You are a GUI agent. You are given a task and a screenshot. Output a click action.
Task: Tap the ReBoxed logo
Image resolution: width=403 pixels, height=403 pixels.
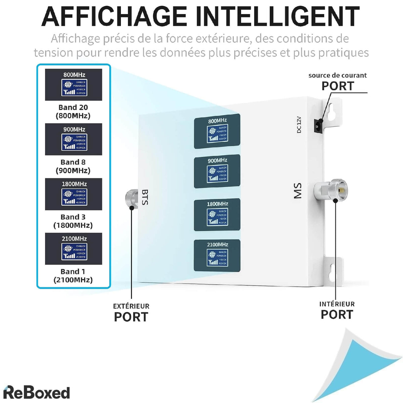point(36,392)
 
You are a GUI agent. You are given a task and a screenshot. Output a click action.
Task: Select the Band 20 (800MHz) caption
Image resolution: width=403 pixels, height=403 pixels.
point(73,111)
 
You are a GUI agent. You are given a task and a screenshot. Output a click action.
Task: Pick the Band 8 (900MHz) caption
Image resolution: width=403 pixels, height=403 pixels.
point(73,166)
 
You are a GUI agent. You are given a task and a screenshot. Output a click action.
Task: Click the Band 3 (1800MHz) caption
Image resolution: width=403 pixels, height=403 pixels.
point(73,221)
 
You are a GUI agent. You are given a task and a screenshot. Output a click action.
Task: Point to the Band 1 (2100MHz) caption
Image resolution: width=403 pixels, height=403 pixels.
point(73,276)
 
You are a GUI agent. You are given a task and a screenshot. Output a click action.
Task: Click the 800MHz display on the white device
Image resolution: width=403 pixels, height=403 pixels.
point(217,131)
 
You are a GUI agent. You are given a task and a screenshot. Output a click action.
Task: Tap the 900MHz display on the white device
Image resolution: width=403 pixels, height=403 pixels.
point(217,172)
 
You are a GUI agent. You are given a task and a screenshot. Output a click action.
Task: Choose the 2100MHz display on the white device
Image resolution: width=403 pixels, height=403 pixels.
point(217,256)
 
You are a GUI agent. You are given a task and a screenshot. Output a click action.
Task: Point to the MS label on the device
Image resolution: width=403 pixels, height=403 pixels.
point(298,191)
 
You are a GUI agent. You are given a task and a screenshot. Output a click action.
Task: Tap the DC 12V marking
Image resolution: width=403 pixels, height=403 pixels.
point(299,125)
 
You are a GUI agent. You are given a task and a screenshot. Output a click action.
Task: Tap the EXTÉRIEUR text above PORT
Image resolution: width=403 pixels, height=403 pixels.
point(131,306)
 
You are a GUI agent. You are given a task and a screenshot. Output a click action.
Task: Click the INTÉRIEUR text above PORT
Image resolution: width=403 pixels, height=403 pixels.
point(337,304)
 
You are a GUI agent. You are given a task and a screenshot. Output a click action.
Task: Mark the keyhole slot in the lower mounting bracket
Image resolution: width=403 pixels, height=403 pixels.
point(332,271)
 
